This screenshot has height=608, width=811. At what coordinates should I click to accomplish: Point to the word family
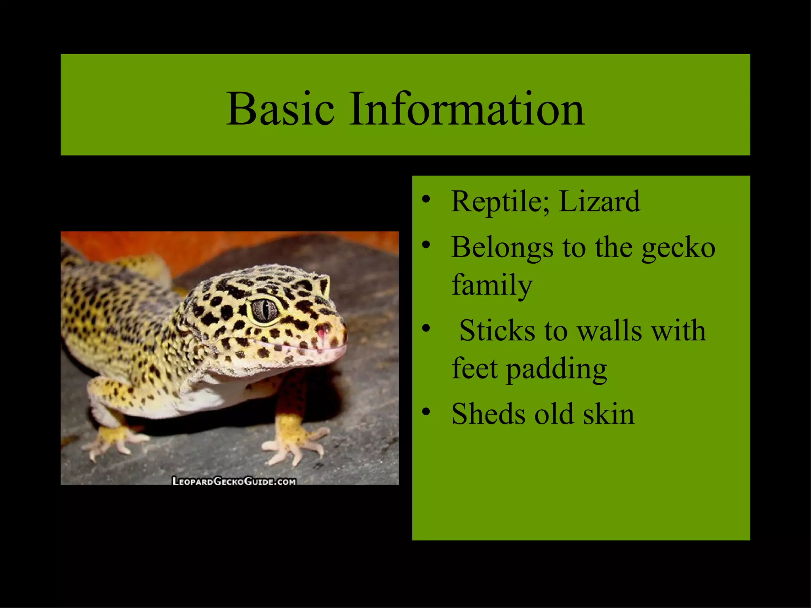(492, 285)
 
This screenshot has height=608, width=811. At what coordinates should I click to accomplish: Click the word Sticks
(497, 331)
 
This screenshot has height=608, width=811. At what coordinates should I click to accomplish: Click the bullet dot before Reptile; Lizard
(426, 199)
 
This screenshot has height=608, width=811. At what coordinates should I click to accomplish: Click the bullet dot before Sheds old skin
(426, 412)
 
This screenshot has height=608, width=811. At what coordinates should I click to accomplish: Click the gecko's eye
(265, 309)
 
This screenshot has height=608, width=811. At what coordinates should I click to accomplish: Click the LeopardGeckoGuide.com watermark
(234, 481)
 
